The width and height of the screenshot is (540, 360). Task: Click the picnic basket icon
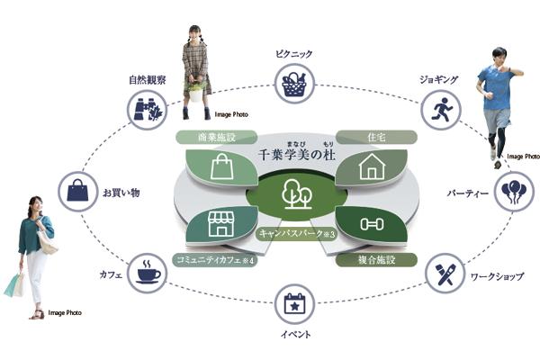tap(293, 85)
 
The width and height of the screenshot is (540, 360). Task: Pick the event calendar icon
tap(292, 306)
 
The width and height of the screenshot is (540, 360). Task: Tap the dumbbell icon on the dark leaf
tap(371, 224)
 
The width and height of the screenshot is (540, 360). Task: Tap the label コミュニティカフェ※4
tap(214, 260)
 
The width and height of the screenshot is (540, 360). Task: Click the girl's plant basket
tap(195, 91)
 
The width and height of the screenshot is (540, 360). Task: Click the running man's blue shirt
tap(496, 91)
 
